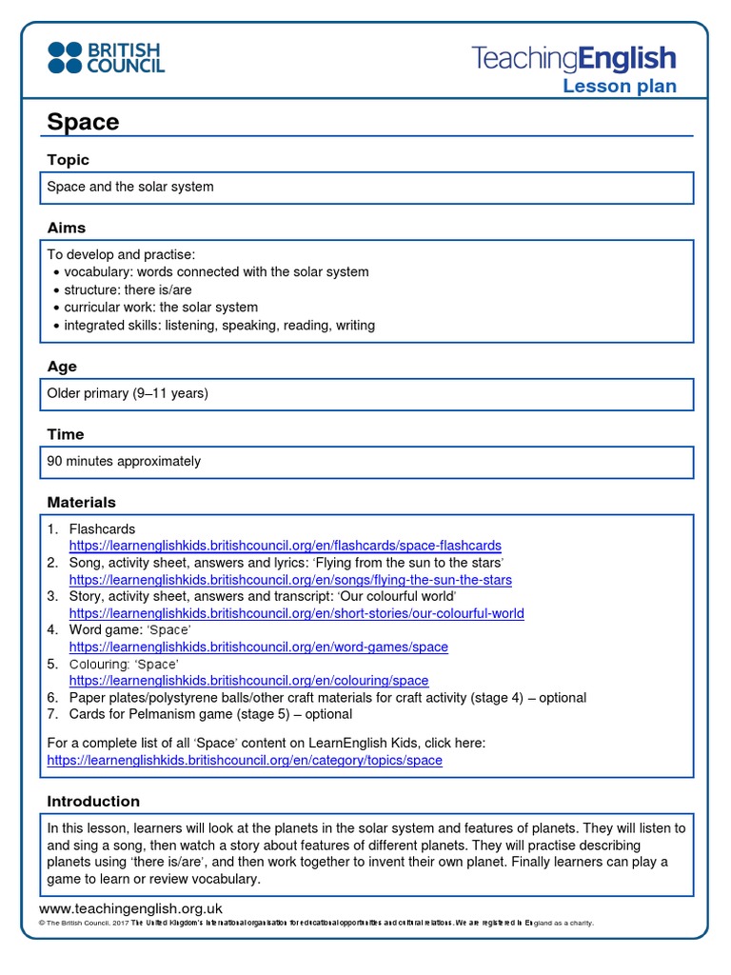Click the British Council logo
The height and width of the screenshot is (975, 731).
tap(106, 57)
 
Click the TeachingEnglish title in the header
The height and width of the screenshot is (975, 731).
tap(574, 59)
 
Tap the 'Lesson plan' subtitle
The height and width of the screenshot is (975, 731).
tap(619, 87)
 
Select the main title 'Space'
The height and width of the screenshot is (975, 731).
tap(83, 122)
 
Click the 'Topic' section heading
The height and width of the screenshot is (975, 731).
tap(69, 160)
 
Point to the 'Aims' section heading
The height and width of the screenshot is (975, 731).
tap(67, 228)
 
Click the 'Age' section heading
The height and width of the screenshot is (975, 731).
tap(62, 367)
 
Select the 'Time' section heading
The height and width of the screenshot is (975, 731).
tap(66, 434)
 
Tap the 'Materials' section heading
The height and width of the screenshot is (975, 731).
tap(82, 502)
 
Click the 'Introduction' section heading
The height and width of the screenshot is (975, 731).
tap(93, 801)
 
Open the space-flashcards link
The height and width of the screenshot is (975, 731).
tap(285, 546)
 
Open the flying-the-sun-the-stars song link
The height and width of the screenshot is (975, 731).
tap(290, 580)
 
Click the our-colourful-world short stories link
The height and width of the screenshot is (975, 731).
tap(296, 613)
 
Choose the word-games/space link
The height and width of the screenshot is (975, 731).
tap(258, 647)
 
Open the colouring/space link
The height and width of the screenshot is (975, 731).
tap(248, 681)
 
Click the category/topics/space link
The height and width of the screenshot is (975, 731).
tap(245, 761)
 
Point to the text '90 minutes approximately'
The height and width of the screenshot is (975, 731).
tap(124, 461)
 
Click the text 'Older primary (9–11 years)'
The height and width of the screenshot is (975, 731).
tap(128, 393)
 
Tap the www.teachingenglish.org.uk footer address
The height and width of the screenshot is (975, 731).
tap(134, 908)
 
